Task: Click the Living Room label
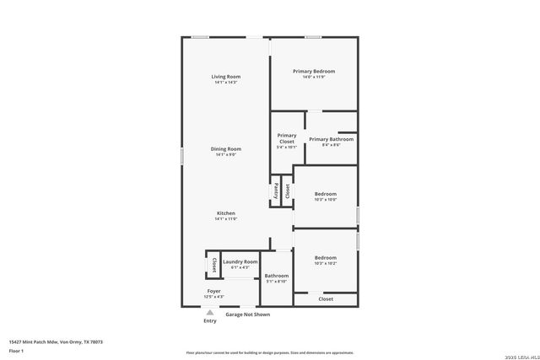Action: coord(225,77)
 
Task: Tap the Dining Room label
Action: coord(225,149)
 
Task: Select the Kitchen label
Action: coord(225,213)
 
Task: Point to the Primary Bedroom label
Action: coord(314,72)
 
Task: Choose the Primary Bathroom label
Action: coord(331,139)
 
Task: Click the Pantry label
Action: coord(276,191)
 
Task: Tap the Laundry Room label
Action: coord(240,262)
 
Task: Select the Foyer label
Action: coord(214,291)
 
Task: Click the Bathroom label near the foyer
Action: coord(277,276)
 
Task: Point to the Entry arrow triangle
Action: coord(210,313)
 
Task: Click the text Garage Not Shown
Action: coord(247,314)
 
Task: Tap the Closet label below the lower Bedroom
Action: coord(326,299)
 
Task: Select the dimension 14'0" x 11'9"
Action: coord(314,78)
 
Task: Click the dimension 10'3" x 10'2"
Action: coord(326,264)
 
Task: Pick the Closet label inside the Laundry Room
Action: coord(213,266)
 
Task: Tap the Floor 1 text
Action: coord(16,350)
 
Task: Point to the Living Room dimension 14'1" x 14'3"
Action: coord(225,83)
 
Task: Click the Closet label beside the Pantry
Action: coord(287,191)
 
